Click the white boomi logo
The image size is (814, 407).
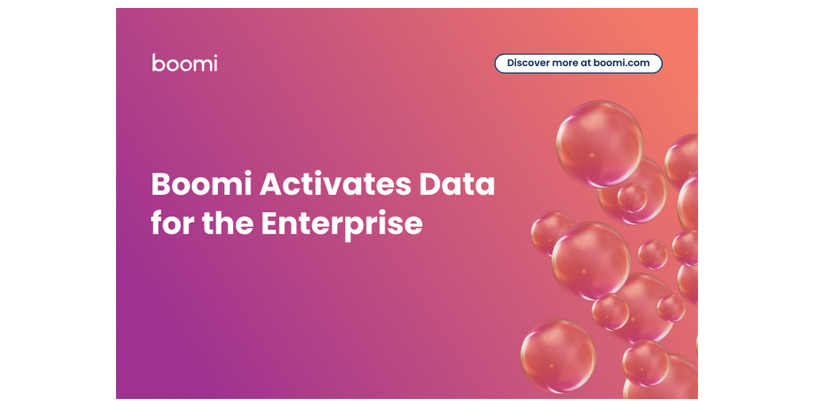pos(184,62)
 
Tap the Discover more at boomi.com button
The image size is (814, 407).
pos(579,64)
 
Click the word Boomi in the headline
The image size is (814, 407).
pos(203,184)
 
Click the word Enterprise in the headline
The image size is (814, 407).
pos(342,225)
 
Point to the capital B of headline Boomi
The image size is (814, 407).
pos(161,184)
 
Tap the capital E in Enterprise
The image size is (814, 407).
pos(270,223)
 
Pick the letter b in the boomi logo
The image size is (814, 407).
pos(158,62)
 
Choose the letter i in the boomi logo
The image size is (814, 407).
pos(215,62)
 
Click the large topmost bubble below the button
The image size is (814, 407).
pos(599,144)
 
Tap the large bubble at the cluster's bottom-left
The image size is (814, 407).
pos(558,355)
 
